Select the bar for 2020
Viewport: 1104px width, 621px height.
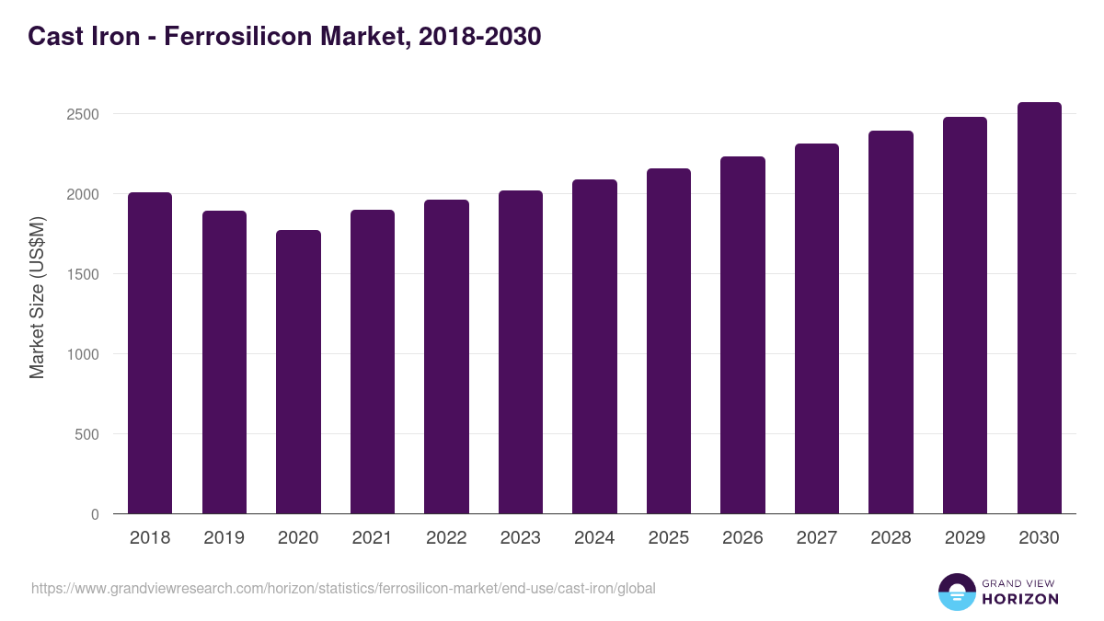(298, 372)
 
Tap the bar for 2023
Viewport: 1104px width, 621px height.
(521, 351)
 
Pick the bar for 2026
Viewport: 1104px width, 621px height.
(742, 335)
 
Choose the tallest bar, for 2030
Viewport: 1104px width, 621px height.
(1039, 307)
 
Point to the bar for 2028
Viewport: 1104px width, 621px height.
(891, 322)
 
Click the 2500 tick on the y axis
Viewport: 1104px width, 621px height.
(82, 115)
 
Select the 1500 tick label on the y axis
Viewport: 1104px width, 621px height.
(82, 275)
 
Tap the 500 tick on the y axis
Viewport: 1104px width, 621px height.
(86, 434)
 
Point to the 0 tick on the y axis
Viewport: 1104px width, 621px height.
(95, 514)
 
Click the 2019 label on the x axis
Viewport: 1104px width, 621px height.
(224, 538)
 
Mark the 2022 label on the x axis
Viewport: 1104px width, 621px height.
(446, 538)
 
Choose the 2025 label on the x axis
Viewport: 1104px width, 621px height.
(669, 538)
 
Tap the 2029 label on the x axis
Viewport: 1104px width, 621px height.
(965, 538)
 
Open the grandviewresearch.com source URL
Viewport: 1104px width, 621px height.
(343, 588)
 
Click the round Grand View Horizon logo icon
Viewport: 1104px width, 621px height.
(956, 592)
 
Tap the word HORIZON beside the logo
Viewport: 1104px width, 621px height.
(1019, 599)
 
